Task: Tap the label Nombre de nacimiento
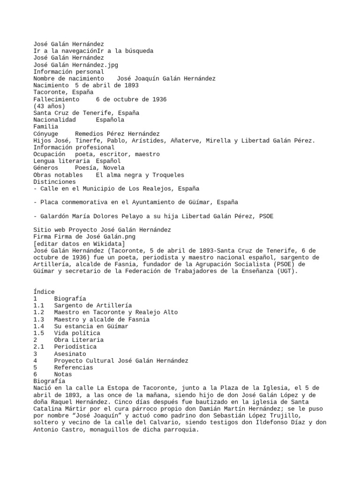[69, 79]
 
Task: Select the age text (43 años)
[49, 106]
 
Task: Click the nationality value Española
[110, 120]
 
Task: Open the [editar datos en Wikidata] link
[79, 243]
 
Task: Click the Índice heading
[44, 292]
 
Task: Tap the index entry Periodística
[75, 347]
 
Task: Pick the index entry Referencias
[74, 367]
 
